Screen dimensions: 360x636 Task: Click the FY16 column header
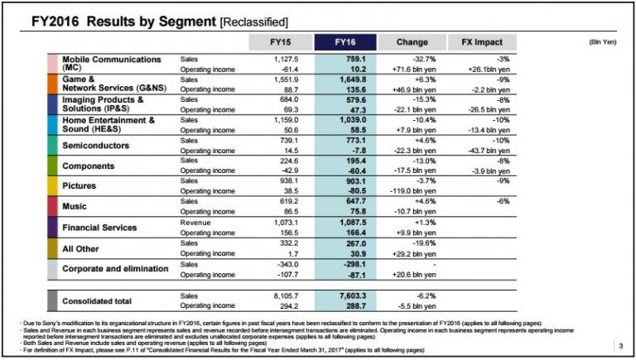(x=344, y=42)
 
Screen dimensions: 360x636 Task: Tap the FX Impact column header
(x=483, y=42)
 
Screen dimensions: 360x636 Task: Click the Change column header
(x=412, y=42)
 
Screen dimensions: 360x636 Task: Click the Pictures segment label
(x=79, y=186)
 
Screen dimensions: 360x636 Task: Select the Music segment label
(x=75, y=206)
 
